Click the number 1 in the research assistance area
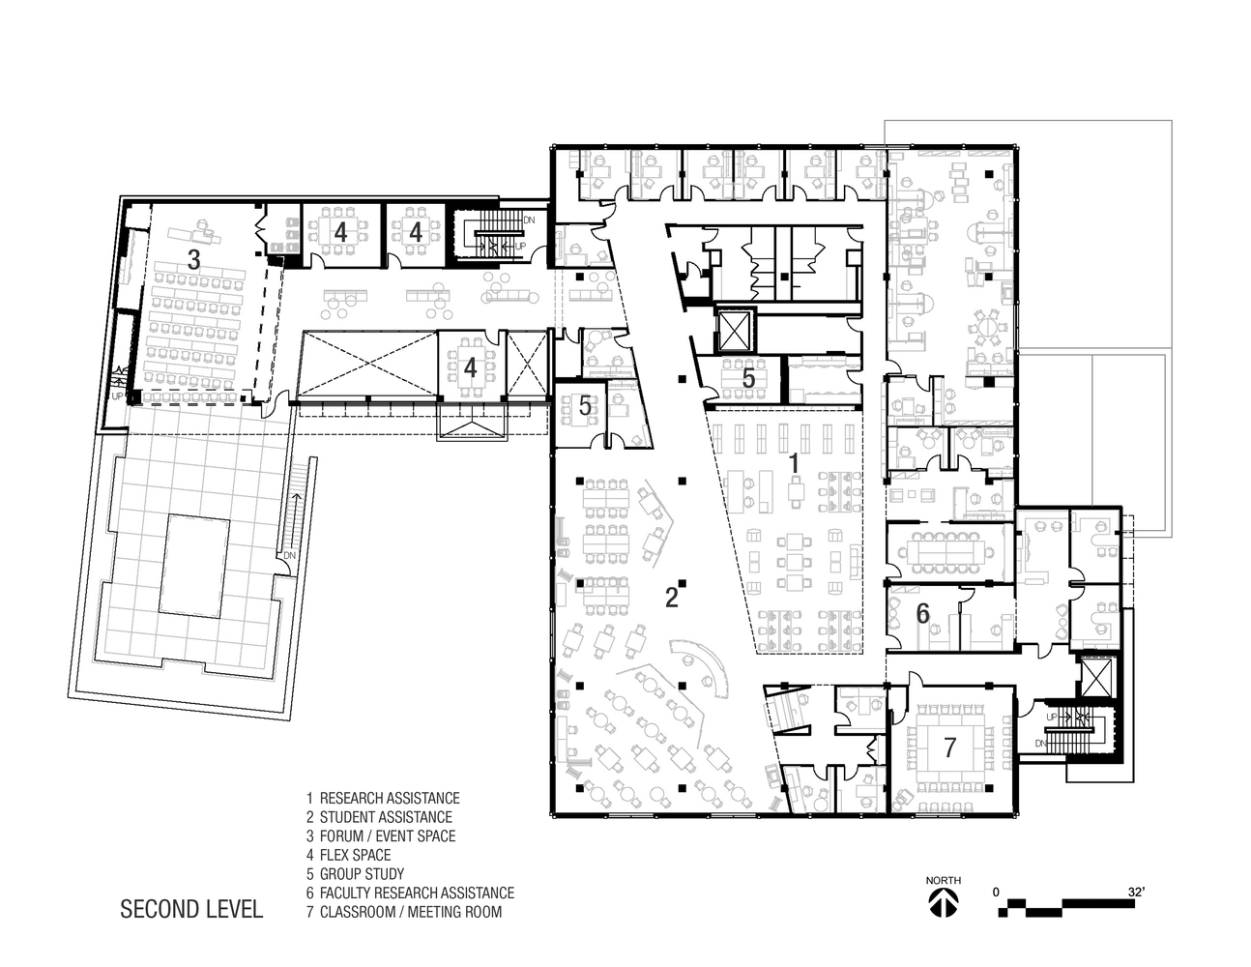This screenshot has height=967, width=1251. [794, 463]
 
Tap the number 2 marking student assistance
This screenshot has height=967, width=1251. [671, 598]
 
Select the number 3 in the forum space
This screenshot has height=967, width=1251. [193, 259]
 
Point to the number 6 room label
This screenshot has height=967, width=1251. [922, 613]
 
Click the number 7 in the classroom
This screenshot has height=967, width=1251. [949, 747]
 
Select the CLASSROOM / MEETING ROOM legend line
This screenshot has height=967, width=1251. [410, 912]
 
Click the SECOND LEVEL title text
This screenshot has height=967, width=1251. [191, 910]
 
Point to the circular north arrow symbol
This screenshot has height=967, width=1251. [943, 903]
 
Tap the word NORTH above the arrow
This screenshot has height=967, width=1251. [943, 880]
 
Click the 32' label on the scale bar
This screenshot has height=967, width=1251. [1135, 892]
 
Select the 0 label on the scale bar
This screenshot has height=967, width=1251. [996, 892]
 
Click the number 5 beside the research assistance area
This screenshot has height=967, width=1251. [748, 379]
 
